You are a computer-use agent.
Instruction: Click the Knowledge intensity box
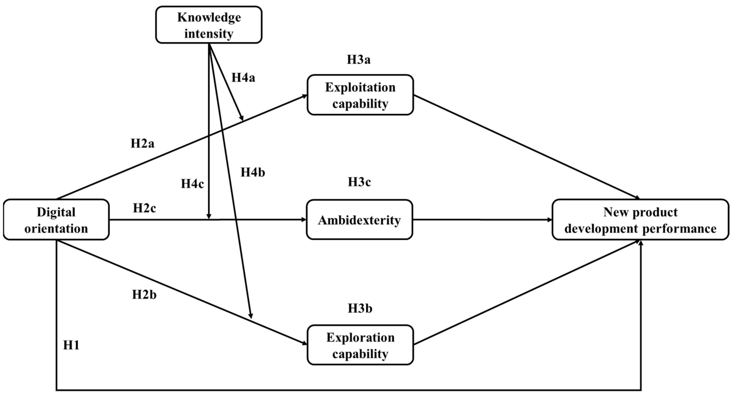coord(209,25)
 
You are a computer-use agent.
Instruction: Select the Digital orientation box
coord(56,220)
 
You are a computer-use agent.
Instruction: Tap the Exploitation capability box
coord(360,95)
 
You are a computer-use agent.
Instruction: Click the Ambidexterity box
coord(359,220)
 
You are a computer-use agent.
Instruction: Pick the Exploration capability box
coord(360,345)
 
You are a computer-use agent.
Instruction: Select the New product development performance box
coord(640,220)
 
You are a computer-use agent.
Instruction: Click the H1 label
coord(71,345)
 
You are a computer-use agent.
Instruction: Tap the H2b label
coord(144,295)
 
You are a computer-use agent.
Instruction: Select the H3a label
coord(358,59)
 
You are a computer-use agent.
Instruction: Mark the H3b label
coord(360,308)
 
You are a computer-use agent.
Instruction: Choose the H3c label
coord(359,182)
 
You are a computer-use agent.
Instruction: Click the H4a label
coord(243,77)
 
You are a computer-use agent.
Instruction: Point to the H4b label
coord(253,172)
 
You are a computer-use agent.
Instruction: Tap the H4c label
coord(192,184)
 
